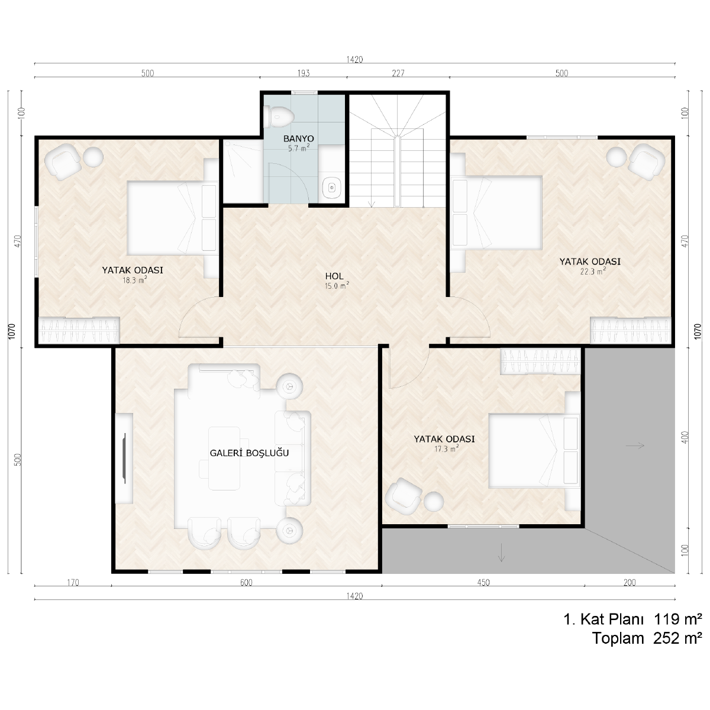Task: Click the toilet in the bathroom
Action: tap(279, 117)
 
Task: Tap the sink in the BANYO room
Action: tap(332, 188)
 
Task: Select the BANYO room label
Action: tap(298, 139)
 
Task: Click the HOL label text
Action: tap(334, 276)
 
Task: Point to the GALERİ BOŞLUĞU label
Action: tap(249, 453)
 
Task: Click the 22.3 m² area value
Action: tap(593, 272)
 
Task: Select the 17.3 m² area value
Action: tap(446, 448)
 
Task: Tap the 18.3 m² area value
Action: tap(134, 280)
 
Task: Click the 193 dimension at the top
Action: tap(304, 73)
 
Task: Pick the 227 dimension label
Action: tap(398, 73)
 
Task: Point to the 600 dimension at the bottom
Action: tap(246, 583)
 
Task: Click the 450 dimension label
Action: tap(483, 583)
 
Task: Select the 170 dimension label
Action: tap(73, 583)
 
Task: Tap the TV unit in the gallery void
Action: tap(124, 459)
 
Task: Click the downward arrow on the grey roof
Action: tap(501, 553)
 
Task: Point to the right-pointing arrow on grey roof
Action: tap(635, 446)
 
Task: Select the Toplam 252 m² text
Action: tap(647, 638)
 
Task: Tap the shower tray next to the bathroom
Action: tap(243, 172)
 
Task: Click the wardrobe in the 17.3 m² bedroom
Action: tap(541, 361)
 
